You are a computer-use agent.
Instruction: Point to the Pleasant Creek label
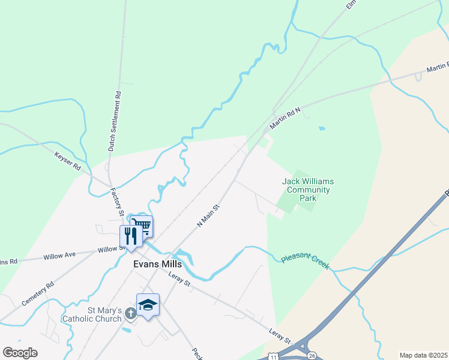(305, 261)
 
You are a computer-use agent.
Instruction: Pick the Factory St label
(116, 202)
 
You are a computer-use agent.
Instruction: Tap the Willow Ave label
(59, 256)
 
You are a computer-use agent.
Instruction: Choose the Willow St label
(109, 248)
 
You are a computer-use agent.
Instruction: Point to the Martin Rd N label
(285, 117)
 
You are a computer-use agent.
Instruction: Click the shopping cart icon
(142, 226)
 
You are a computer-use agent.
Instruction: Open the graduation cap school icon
(148, 305)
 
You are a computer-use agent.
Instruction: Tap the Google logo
(20, 353)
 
